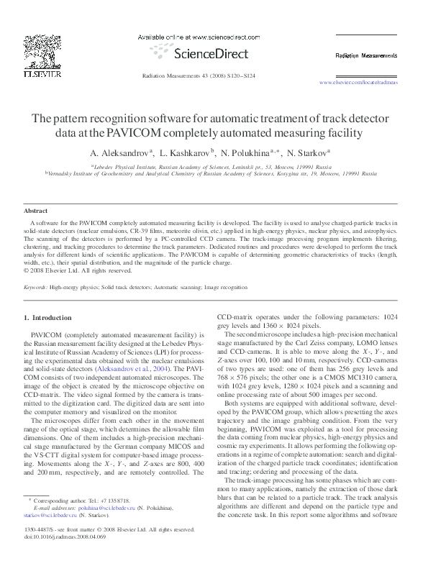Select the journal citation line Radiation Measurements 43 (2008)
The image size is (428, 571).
199,75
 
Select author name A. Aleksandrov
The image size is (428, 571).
121,152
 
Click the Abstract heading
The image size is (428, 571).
35,211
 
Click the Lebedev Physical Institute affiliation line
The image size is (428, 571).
211,165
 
